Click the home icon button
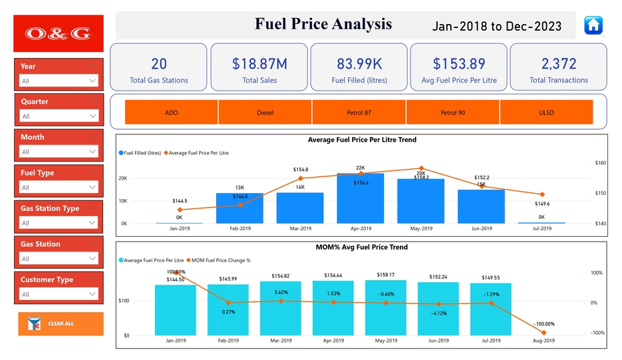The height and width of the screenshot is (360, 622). pos(593,25)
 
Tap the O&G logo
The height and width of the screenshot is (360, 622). pos(59,33)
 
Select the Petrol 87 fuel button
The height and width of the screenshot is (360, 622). pos(359,112)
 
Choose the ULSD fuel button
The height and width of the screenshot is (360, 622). pos(546,112)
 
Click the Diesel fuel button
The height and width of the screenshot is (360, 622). pos(265,112)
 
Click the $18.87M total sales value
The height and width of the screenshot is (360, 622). pos(259,64)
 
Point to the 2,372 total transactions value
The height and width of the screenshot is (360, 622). pos(559,64)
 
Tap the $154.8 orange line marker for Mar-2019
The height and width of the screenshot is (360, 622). pos(301,178)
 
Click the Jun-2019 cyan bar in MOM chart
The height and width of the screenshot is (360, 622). pos(438,309)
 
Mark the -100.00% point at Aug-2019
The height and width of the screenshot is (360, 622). pos(544,333)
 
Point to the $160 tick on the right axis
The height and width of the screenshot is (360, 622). pos(600,163)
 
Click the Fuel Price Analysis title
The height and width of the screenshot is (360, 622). pos(323,25)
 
